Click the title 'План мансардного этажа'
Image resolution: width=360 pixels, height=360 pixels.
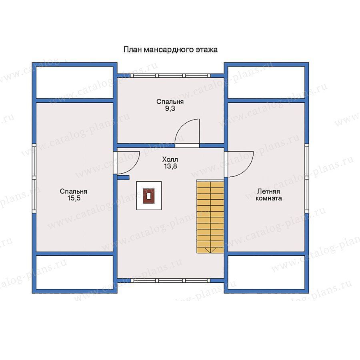point(170,50)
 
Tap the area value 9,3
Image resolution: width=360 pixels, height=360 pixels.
point(170,108)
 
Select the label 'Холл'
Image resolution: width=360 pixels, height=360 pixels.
point(170,159)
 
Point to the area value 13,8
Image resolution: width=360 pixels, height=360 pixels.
point(170,166)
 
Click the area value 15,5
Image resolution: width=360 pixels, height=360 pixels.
point(74,198)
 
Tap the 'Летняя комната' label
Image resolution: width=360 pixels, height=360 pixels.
point(269,195)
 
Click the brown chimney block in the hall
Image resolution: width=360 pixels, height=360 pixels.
point(148,196)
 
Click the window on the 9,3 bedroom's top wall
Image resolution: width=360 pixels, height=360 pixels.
point(170,76)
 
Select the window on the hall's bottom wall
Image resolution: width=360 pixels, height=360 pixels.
point(170,280)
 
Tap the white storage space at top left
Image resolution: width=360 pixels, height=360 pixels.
point(75,82)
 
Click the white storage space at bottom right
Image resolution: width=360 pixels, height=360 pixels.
point(266,272)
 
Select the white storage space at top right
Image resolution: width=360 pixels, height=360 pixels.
point(266,82)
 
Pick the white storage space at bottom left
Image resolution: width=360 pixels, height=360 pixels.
point(75,272)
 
